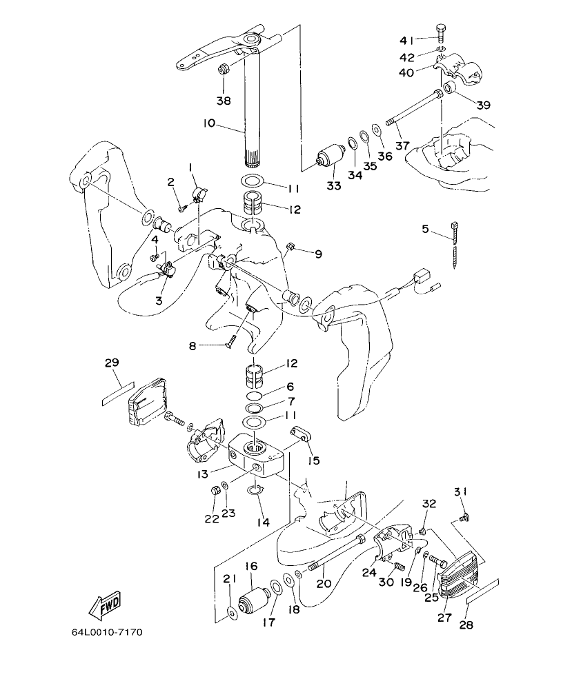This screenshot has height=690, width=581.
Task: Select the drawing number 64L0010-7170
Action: [x=107, y=632]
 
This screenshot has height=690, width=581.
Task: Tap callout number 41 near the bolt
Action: [x=407, y=39]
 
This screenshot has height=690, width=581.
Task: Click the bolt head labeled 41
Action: [x=442, y=30]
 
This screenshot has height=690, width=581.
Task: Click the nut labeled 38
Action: [x=224, y=69]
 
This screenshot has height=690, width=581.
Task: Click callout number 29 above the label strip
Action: [x=112, y=364]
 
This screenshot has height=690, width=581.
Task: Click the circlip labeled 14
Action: [x=255, y=489]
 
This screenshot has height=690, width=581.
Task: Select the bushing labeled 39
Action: [x=451, y=88]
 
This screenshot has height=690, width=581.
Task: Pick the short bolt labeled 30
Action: [x=396, y=567]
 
